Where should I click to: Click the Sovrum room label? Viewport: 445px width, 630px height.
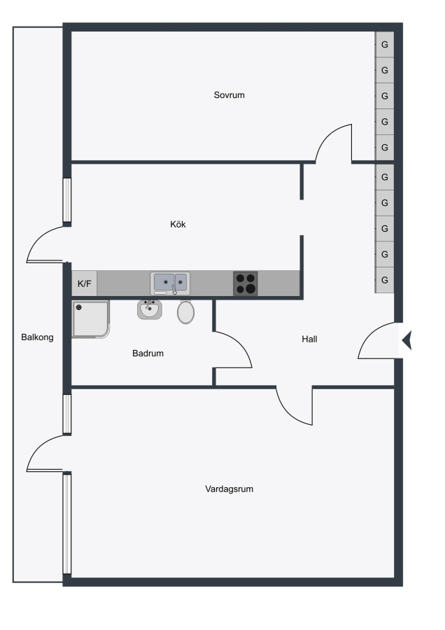(229, 95)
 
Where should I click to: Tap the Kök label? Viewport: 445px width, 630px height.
(178, 224)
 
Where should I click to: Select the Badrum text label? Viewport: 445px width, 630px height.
(148, 353)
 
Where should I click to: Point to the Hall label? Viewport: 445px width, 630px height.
(309, 339)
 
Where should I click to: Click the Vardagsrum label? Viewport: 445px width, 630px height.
(229, 489)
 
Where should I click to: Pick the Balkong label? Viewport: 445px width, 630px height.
(37, 337)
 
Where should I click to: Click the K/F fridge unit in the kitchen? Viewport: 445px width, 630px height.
(85, 283)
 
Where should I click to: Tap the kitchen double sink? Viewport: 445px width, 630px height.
(170, 283)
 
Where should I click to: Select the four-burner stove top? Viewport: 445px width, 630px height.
(246, 283)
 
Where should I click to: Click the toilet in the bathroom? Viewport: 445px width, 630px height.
(185, 312)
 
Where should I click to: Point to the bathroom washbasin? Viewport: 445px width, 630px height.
(150, 309)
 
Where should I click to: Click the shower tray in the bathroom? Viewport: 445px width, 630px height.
(91, 319)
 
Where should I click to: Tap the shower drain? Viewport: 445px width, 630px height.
(79, 308)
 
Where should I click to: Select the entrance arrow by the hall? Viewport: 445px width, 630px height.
(407, 340)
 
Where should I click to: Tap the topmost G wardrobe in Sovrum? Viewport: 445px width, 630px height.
(384, 45)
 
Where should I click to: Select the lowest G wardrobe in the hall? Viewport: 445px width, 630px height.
(384, 280)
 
